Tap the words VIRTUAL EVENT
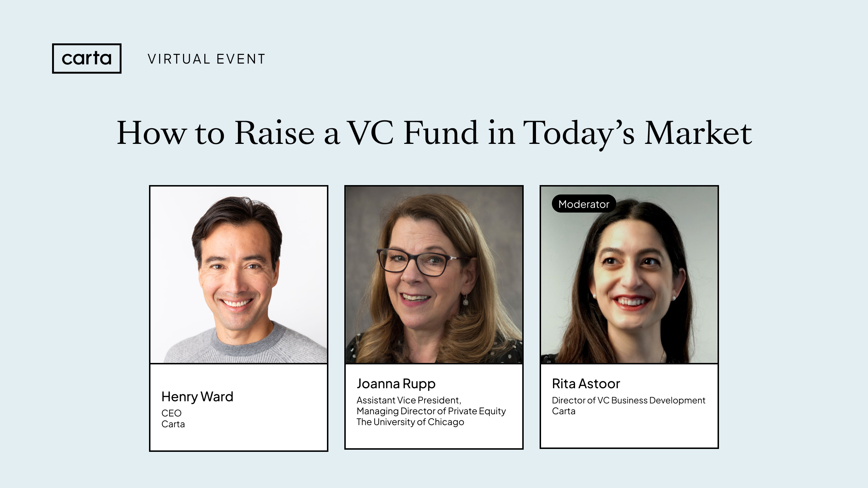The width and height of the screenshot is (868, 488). pyautogui.click(x=207, y=59)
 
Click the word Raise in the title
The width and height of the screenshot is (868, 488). pyautogui.click(x=275, y=133)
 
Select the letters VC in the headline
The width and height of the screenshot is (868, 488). pyautogui.click(x=370, y=133)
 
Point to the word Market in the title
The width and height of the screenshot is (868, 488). pyautogui.click(x=698, y=133)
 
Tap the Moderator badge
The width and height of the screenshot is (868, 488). pyautogui.click(x=584, y=204)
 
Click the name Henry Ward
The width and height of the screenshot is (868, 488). pyautogui.click(x=197, y=397)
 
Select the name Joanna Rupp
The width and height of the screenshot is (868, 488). pyautogui.click(x=396, y=384)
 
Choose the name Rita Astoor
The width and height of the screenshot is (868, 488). pyautogui.click(x=586, y=384)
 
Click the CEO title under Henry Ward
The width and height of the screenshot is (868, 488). pyautogui.click(x=171, y=413)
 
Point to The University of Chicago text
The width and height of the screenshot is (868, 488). pyautogui.click(x=410, y=422)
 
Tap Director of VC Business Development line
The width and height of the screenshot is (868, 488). pyautogui.click(x=629, y=401)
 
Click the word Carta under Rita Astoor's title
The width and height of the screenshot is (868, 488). pyautogui.click(x=563, y=411)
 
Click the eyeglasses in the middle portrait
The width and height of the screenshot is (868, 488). pyautogui.click(x=420, y=262)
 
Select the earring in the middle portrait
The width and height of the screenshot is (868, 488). pyautogui.click(x=466, y=299)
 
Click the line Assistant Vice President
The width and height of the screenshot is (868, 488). pyautogui.click(x=409, y=401)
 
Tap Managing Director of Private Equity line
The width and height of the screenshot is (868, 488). pyautogui.click(x=431, y=411)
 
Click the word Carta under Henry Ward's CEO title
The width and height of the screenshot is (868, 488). pyautogui.click(x=173, y=424)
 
